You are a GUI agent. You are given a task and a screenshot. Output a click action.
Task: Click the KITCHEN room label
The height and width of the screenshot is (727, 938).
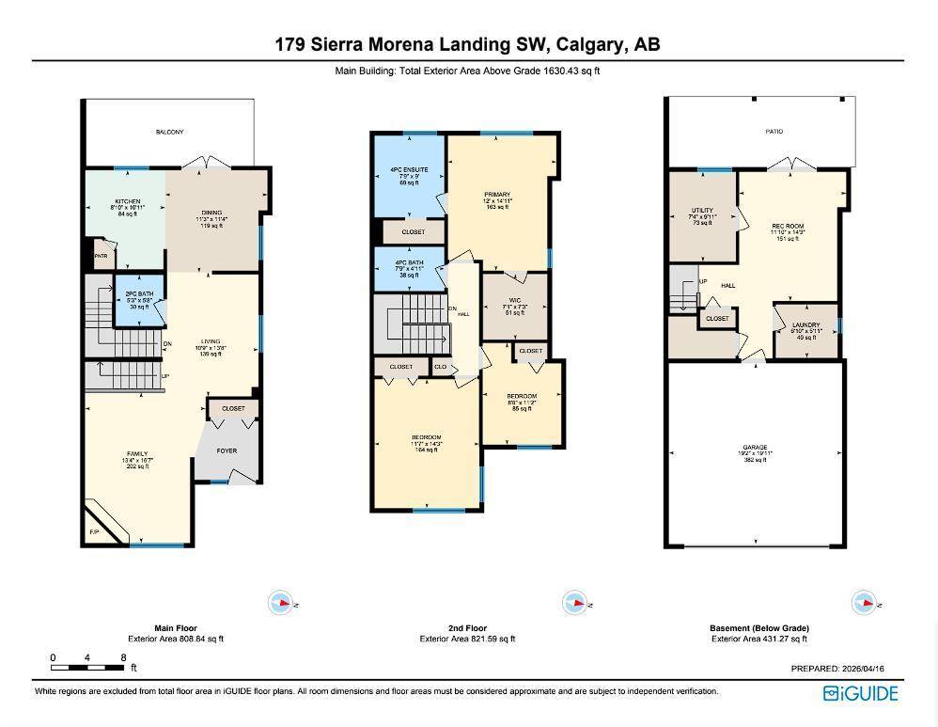(x=127, y=201)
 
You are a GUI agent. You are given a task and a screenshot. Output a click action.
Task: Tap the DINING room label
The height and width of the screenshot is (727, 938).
(x=211, y=213)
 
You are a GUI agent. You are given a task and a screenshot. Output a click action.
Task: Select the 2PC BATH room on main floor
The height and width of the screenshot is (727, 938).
(x=139, y=300)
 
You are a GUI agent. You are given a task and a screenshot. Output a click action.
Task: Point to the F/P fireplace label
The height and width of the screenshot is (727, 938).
(x=94, y=533)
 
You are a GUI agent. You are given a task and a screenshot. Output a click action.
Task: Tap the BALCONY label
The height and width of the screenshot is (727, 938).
(x=170, y=133)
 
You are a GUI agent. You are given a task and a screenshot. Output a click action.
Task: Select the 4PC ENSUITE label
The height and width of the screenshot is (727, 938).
(x=409, y=170)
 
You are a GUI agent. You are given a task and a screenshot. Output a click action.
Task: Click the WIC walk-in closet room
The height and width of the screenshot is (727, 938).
(x=514, y=305)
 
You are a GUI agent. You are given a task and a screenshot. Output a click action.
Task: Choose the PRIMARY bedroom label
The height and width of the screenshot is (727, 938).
(x=497, y=195)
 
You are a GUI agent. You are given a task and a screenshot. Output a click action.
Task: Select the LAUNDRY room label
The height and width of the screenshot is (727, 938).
(x=805, y=325)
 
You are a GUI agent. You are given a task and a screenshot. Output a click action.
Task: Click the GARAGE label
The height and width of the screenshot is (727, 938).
(x=756, y=448)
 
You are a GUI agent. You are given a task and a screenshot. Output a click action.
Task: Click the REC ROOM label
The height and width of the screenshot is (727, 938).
(x=787, y=227)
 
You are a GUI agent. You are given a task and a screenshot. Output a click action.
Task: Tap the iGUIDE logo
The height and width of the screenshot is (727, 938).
(x=860, y=694)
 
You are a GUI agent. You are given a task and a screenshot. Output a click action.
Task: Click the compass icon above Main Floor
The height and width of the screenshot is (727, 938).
(x=280, y=602)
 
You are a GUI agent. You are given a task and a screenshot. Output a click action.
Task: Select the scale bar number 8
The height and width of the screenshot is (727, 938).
(x=123, y=656)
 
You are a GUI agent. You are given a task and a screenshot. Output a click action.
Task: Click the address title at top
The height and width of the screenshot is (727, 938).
(x=467, y=44)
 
